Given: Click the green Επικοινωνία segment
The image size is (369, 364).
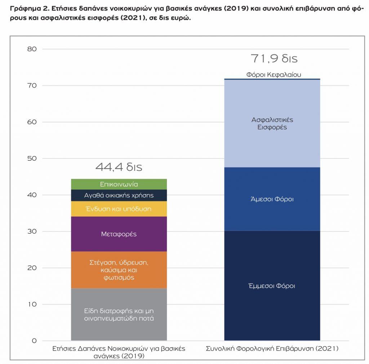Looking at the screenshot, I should coord(119,184).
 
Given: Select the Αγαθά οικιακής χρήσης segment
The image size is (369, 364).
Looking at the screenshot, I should coord(119,195).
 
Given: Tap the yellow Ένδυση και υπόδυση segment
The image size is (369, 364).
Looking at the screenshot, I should coord(119,209).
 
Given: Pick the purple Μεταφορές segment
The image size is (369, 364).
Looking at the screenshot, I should coord(119,234).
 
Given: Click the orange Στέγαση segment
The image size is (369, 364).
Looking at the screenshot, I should coord(119,270).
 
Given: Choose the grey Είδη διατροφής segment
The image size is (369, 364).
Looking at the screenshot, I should coord(119,314).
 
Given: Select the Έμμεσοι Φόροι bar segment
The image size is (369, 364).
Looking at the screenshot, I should coord(272,286).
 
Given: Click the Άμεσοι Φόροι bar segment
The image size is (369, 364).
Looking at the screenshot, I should coord(272,199).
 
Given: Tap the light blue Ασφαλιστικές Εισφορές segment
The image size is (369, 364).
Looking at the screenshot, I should coord(272,123).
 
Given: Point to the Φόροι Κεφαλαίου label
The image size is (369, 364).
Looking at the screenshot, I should coord(274,75).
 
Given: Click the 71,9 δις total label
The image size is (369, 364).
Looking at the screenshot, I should coord(274,59).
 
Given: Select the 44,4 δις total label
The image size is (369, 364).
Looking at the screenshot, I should coord(119,167).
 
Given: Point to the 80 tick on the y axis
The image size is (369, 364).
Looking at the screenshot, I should coord(32,49).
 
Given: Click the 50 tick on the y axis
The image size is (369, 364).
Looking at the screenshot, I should coord(32,159).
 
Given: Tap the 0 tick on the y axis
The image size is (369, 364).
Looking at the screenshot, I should coord(34,341).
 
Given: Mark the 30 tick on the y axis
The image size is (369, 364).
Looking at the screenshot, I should coord(32,231).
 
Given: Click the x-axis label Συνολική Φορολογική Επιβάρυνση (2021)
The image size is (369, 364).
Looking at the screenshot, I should coord(272,349).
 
